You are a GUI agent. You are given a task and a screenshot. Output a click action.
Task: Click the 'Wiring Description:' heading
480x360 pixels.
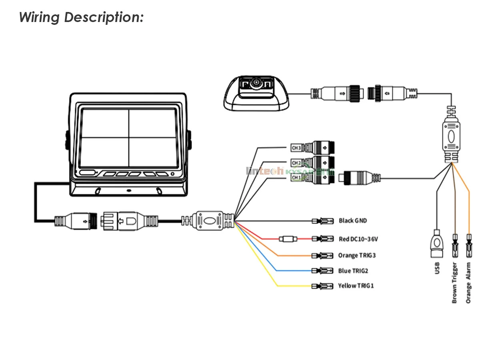coord(81,17)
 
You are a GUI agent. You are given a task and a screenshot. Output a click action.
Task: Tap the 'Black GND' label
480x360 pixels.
coord(352,220)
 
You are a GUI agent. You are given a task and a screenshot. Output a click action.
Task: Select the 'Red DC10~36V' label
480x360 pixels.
coord(358,239)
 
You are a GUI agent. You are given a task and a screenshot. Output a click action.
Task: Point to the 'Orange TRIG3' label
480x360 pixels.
coord(357,255)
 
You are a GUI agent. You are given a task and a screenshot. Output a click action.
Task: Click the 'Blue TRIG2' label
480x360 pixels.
coord(353,271)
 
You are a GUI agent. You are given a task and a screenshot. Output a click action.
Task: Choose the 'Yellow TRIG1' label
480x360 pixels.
coord(356,286)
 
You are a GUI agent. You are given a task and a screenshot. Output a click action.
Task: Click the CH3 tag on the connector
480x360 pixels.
coord(296,148)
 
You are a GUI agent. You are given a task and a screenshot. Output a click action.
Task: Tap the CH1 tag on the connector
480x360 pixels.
coord(296,177)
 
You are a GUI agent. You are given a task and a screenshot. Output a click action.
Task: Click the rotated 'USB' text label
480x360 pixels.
coord(437,268)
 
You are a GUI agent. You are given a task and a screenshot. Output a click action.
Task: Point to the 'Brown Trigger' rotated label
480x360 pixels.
coord(454,282)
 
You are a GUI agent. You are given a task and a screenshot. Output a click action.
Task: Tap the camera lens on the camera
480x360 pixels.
coord(256,84)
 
